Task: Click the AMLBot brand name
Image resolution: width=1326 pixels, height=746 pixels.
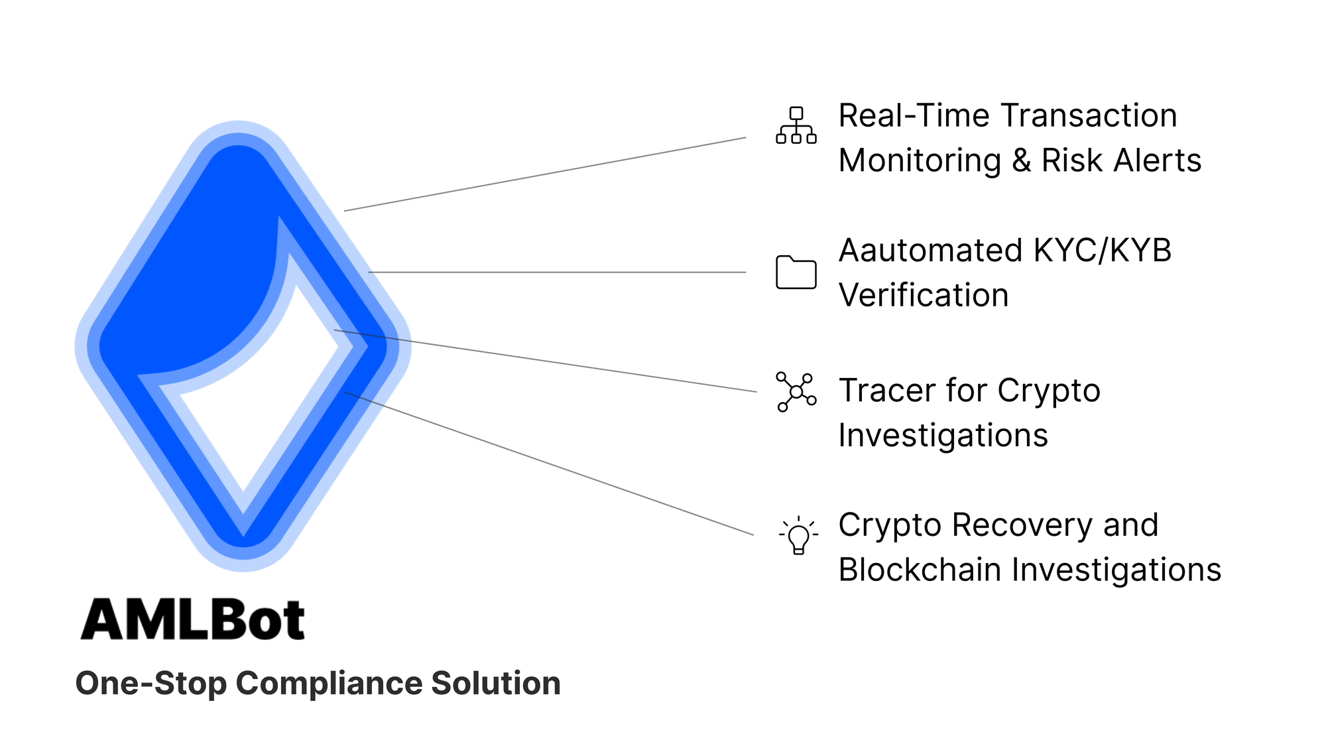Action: (192, 620)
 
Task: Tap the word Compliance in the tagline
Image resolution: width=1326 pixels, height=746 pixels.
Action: (328, 684)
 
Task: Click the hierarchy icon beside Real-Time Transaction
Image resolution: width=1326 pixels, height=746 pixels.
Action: (796, 125)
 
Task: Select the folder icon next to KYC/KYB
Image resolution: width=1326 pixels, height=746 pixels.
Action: (796, 272)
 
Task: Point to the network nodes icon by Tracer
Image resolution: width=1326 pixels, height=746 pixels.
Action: (796, 392)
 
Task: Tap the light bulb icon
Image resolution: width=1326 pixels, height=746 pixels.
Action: (798, 536)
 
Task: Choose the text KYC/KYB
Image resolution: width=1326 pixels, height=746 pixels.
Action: (1102, 251)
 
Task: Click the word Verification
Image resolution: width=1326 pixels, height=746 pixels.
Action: (923, 296)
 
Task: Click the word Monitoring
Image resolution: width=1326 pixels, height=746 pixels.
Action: (920, 161)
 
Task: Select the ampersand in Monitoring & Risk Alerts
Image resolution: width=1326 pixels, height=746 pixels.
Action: (1021, 161)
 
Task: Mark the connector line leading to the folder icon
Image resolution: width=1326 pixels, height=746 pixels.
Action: (557, 272)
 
